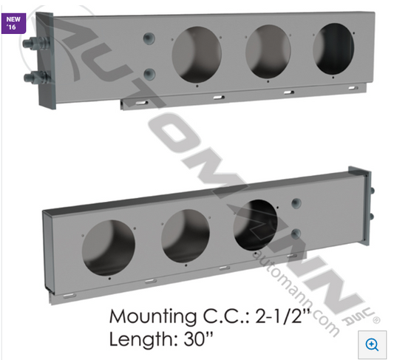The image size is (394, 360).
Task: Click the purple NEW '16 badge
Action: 13,23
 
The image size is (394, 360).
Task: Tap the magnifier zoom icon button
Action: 372,344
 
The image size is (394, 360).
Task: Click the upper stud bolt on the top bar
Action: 36,43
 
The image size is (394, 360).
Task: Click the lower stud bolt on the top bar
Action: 37,77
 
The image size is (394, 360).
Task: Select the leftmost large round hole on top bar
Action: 197,55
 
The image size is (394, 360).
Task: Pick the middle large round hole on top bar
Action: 268,52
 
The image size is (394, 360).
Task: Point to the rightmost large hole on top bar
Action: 333,49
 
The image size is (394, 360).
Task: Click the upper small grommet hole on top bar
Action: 149,38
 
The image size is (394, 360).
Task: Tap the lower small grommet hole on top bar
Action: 149,74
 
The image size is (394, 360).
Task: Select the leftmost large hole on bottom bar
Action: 109,248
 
